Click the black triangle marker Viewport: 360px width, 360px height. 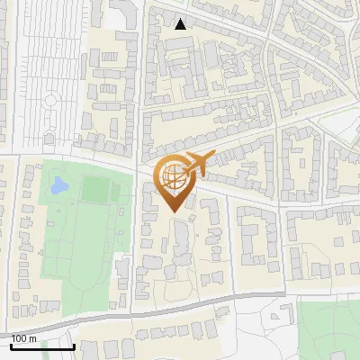coord(181,23)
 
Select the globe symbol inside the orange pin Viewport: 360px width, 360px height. coord(174,177)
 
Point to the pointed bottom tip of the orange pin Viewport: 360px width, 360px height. coord(174,212)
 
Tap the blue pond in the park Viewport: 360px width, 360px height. coord(59,186)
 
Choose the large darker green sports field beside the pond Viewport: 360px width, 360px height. coord(94,190)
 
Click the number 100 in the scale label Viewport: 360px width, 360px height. coord(20,338)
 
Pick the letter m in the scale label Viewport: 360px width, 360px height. coord(32,338)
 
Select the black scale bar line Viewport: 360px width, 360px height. coord(41,346)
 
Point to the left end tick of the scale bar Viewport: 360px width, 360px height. coord(10,345)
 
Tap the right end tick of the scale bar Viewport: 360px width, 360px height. coord(73,345)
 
